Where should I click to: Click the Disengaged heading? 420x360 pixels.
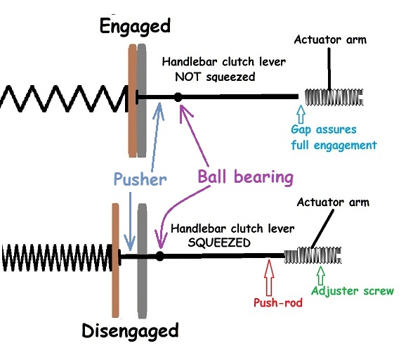(x=130, y=331)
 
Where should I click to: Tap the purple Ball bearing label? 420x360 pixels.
(x=245, y=177)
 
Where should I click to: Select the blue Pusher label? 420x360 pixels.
(x=140, y=179)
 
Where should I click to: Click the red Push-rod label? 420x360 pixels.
(x=277, y=302)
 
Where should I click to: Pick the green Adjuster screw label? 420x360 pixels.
(x=353, y=291)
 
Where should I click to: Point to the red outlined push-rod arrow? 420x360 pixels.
(x=269, y=277)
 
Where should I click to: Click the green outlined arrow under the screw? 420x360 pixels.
(x=321, y=276)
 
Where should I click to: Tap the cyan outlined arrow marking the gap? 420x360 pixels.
(x=301, y=114)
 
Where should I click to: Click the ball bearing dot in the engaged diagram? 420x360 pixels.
(x=178, y=97)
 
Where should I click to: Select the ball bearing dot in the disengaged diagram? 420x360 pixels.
(x=159, y=256)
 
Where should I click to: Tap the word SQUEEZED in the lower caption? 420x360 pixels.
(x=219, y=243)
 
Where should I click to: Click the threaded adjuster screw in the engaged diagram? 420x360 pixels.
(x=334, y=97)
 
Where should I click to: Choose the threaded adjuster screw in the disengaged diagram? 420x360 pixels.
(x=313, y=255)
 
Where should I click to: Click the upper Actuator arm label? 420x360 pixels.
(x=330, y=40)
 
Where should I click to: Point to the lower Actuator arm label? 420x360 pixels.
(x=333, y=202)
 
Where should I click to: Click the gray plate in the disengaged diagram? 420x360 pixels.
(x=142, y=261)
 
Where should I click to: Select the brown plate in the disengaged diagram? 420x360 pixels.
(x=115, y=260)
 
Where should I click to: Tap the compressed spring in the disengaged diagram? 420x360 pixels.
(x=57, y=257)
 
